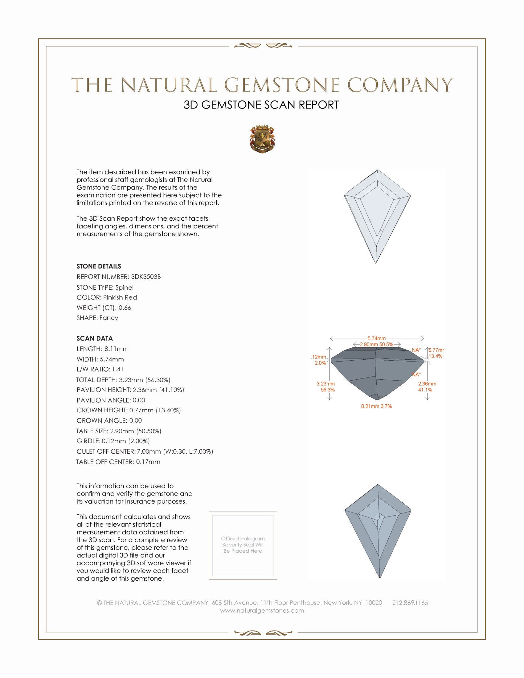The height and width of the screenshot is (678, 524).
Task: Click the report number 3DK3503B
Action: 145,277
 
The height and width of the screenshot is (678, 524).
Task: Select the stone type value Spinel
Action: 124,288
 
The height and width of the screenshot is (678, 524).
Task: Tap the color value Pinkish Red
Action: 120,297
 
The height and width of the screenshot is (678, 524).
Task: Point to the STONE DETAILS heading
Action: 99,266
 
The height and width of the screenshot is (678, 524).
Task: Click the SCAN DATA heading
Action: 95,338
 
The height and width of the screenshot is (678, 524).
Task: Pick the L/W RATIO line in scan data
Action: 100,370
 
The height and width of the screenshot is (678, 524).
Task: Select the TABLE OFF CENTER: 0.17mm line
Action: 118,462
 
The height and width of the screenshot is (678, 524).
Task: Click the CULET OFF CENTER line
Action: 145,451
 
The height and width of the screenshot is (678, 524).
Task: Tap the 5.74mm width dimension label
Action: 377,338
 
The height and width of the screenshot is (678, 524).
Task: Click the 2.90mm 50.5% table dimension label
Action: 376,344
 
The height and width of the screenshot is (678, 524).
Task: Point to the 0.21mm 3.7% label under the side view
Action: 376,406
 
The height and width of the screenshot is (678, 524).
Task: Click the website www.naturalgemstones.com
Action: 262,611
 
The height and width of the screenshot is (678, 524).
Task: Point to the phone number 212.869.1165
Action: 410,603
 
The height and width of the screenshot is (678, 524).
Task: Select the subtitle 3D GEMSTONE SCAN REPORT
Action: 261,105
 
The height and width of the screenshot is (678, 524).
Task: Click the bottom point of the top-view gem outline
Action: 376,263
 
